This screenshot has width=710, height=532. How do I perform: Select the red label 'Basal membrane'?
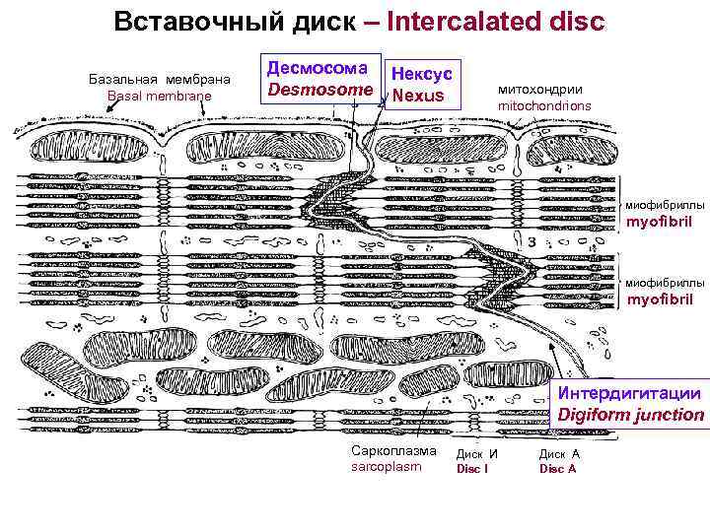pyautogui.click(x=159, y=95)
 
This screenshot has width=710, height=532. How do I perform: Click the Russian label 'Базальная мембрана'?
pyautogui.click(x=159, y=78)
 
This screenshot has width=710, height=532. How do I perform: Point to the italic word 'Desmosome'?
pyautogui.click(x=318, y=90)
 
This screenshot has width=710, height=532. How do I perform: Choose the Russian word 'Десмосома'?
pyautogui.click(x=318, y=68)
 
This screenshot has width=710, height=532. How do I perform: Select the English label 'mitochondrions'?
pyautogui.click(x=545, y=104)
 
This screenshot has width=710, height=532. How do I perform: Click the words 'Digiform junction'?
pyautogui.click(x=631, y=415)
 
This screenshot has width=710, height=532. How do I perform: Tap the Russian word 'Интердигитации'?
pyautogui.click(x=631, y=393)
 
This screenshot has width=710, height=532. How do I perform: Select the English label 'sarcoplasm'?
pyautogui.click(x=386, y=466)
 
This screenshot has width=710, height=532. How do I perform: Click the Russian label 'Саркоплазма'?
pyautogui.click(x=392, y=450)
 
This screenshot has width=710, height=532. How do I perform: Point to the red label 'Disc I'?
pyautogui.click(x=470, y=469)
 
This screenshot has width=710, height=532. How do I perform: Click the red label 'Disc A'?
pyautogui.click(x=558, y=469)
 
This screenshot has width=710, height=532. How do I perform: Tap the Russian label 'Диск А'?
pyautogui.click(x=559, y=454)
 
